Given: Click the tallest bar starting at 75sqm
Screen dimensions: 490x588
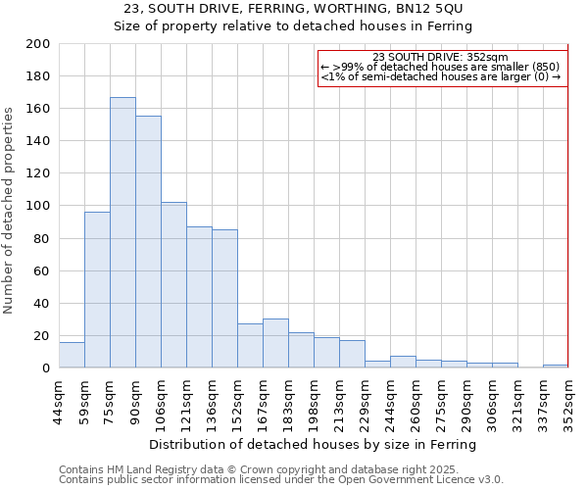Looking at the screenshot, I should coord(122,232).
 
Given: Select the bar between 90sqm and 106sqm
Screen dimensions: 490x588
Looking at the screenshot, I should coord(148,242).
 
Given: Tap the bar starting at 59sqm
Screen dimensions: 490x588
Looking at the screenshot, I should coord(97,290).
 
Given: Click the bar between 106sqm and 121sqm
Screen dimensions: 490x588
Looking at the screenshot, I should coord(173,285).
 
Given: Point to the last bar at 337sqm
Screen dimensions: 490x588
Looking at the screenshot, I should coord(555,366).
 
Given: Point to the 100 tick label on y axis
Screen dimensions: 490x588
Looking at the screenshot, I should coord(38,206).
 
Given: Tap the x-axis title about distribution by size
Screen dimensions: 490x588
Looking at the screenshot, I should coord(314,444).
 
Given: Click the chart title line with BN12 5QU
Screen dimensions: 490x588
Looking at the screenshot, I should coord(293,9).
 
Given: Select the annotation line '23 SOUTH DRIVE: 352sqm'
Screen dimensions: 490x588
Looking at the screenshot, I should coord(441,57).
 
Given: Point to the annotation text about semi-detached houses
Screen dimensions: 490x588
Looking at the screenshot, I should coord(441,76).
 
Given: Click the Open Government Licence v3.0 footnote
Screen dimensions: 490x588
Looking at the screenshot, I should coord(281,479).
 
